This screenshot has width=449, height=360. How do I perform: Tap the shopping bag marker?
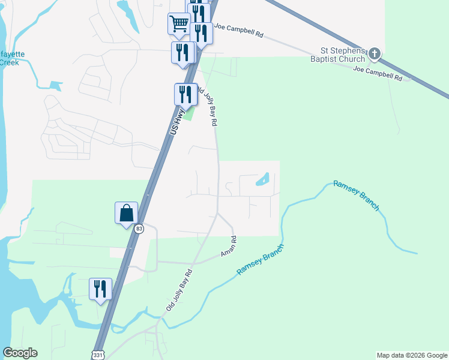(126, 213)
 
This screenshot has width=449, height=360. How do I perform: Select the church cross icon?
(375, 55)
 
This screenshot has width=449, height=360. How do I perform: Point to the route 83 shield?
(139, 229)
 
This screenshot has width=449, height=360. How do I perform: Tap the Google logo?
(20, 353)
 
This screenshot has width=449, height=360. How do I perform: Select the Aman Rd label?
(229, 246)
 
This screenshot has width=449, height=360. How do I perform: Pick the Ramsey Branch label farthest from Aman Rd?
(356, 196)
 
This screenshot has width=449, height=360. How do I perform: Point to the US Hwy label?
(178, 121)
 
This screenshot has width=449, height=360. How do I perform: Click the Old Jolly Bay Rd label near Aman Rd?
(179, 290)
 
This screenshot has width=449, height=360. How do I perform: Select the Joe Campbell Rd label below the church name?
(378, 74)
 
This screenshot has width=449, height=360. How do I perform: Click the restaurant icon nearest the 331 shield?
(100, 289)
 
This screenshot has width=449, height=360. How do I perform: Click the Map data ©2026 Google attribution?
(411, 355)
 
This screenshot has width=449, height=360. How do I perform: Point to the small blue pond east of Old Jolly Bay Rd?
(262, 179)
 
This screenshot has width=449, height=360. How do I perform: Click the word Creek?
(10, 62)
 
